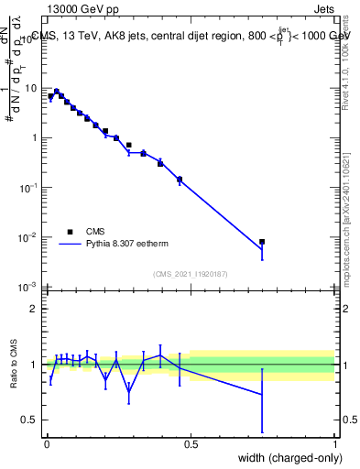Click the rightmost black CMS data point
coord(262,242)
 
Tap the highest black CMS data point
coord(57,92)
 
